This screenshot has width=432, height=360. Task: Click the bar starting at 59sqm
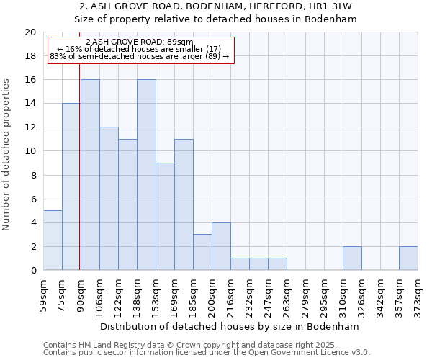53,240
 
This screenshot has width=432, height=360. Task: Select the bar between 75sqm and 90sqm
71,186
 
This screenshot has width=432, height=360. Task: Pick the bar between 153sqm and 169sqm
165,217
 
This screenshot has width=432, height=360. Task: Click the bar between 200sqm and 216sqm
221,246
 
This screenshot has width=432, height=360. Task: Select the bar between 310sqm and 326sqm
352,258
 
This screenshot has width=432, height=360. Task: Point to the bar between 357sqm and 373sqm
408,258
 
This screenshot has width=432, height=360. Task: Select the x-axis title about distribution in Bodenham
230,326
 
